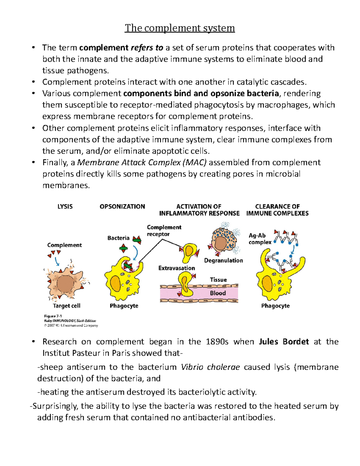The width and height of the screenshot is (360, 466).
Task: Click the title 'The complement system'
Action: click(x=180, y=28)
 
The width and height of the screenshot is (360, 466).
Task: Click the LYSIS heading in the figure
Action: click(x=65, y=206)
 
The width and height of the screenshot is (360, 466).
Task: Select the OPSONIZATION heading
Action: click(x=122, y=206)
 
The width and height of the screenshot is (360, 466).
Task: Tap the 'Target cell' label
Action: click(x=67, y=306)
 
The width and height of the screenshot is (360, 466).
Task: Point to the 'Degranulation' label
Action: click(x=223, y=260)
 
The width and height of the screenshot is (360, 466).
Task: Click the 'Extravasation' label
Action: click(x=177, y=268)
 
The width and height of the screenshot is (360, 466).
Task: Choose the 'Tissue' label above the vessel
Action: click(x=218, y=280)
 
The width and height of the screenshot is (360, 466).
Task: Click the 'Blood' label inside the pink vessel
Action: click(x=218, y=293)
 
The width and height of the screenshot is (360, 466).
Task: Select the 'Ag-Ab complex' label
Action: click(x=259, y=239)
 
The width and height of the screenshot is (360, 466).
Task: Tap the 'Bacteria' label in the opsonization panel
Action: click(x=118, y=238)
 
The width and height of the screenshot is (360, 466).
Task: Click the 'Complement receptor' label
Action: click(x=164, y=230)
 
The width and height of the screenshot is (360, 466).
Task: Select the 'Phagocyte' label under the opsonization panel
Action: click(x=124, y=306)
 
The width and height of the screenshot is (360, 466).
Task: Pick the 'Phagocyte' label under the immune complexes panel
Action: click(x=275, y=306)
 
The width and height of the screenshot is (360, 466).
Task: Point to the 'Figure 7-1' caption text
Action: click(x=53, y=316)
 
